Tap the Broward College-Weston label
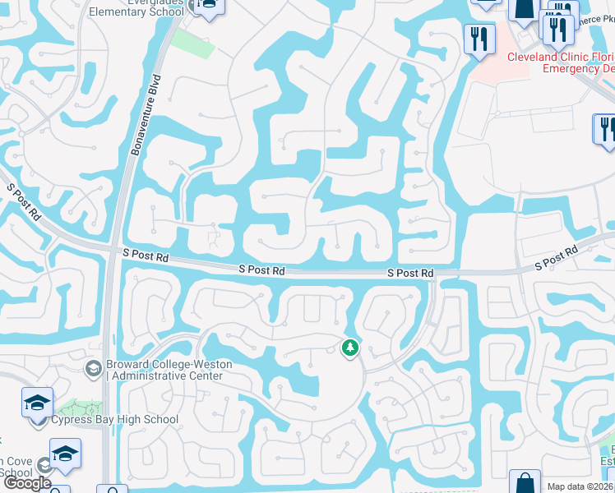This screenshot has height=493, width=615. pyautogui.click(x=169, y=365)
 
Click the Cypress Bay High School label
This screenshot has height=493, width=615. pyautogui.click(x=115, y=420)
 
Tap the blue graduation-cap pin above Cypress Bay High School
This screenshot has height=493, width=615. pyautogui.click(x=37, y=403)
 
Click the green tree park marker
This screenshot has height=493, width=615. pyautogui.click(x=350, y=348)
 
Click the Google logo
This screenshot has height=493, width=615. pyautogui.click(x=27, y=483)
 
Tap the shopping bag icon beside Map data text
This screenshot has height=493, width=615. pyautogui.click(x=524, y=482)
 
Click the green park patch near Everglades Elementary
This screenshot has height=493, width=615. pyautogui.click(x=194, y=42)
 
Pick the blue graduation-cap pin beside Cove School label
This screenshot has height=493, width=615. pyautogui.click(x=64, y=454)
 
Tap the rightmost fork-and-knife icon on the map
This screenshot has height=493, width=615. pyautogui.click(x=607, y=130)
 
